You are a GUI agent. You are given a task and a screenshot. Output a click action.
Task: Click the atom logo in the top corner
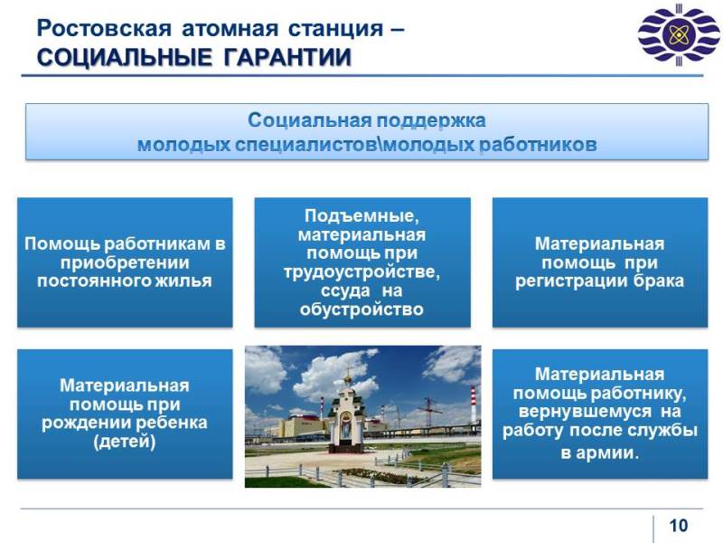coord(679,35)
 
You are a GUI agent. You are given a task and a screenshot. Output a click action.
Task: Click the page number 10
coord(679,526)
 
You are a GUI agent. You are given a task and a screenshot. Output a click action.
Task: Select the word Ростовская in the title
coord(104,29)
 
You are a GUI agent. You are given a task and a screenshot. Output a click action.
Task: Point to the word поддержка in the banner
coord(431,121)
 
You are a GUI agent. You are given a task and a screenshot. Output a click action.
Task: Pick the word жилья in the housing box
coord(189,281)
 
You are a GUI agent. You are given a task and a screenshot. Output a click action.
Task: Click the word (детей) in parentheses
coord(125,442)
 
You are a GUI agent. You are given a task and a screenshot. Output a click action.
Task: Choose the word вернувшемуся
coord(585,412)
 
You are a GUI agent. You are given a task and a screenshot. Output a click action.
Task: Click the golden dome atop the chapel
coord(348,378)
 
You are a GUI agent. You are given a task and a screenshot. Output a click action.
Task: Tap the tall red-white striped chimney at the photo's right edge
coord(473,405)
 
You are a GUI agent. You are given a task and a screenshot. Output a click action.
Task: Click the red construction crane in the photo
coord(428,411)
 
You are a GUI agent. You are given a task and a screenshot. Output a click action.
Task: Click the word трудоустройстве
coord(362,272)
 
